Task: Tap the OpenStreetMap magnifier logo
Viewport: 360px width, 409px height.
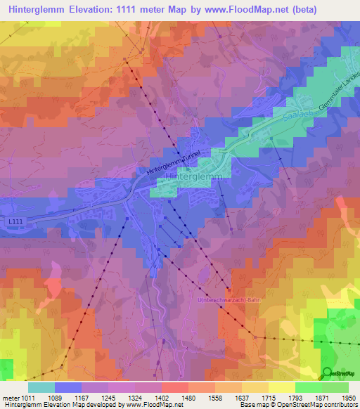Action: (328, 372)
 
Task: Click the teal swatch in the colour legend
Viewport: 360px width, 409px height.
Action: (41, 387)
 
